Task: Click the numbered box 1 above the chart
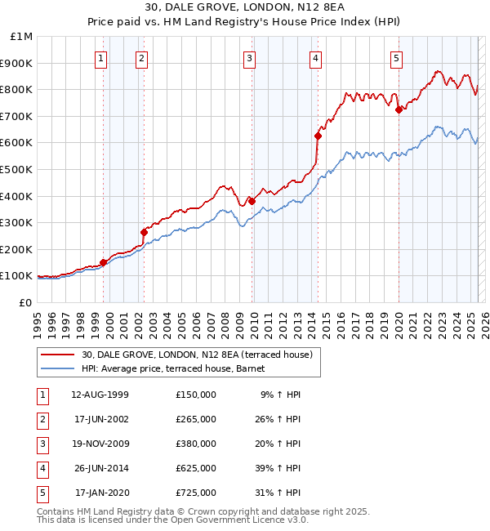[x=100, y=58]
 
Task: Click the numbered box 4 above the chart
[x=314, y=58]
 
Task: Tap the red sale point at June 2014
[x=318, y=136]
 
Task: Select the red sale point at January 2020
[x=399, y=109]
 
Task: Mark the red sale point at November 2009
[x=252, y=201]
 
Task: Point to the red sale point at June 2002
[x=144, y=232]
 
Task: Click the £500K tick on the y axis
[x=16, y=169]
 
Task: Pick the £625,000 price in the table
[x=196, y=468]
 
